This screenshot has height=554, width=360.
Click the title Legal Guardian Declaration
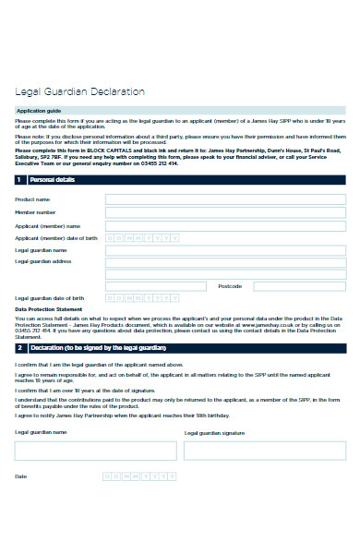tap(79, 92)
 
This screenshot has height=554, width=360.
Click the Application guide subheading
tap(36, 110)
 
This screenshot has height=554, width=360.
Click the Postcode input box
tap(296, 286)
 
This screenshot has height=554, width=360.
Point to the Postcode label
tap(230, 286)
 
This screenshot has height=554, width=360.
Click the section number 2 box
tap(18, 348)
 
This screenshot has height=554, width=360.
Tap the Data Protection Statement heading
tap(47, 310)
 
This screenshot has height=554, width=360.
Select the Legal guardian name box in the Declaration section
tap(95, 451)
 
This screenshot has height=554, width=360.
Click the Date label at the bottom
tap(21, 476)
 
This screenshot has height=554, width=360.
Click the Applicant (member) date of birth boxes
tap(142, 237)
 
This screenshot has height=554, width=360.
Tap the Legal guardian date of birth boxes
tap(142, 298)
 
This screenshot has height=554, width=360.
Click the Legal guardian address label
tap(42, 261)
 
